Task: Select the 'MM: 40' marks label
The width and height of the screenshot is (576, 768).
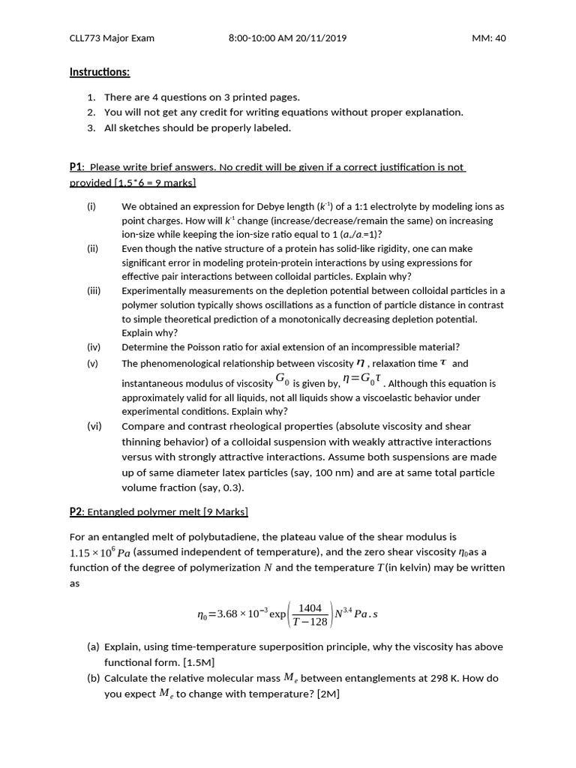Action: point(489,38)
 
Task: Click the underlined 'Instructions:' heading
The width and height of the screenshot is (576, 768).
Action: point(100,72)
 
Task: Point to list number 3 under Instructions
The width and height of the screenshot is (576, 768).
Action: point(91,127)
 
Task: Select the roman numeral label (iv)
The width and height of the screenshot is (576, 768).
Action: point(93,347)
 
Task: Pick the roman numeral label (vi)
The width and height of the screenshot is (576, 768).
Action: point(93,425)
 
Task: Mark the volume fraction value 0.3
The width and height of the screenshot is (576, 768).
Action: point(228,487)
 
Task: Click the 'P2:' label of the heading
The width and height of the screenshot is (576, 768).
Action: point(76,511)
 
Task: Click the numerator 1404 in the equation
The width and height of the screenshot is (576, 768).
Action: point(310,608)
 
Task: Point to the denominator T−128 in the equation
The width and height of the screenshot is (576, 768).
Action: point(310,622)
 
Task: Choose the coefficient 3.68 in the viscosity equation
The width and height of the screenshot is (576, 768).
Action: point(230,615)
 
